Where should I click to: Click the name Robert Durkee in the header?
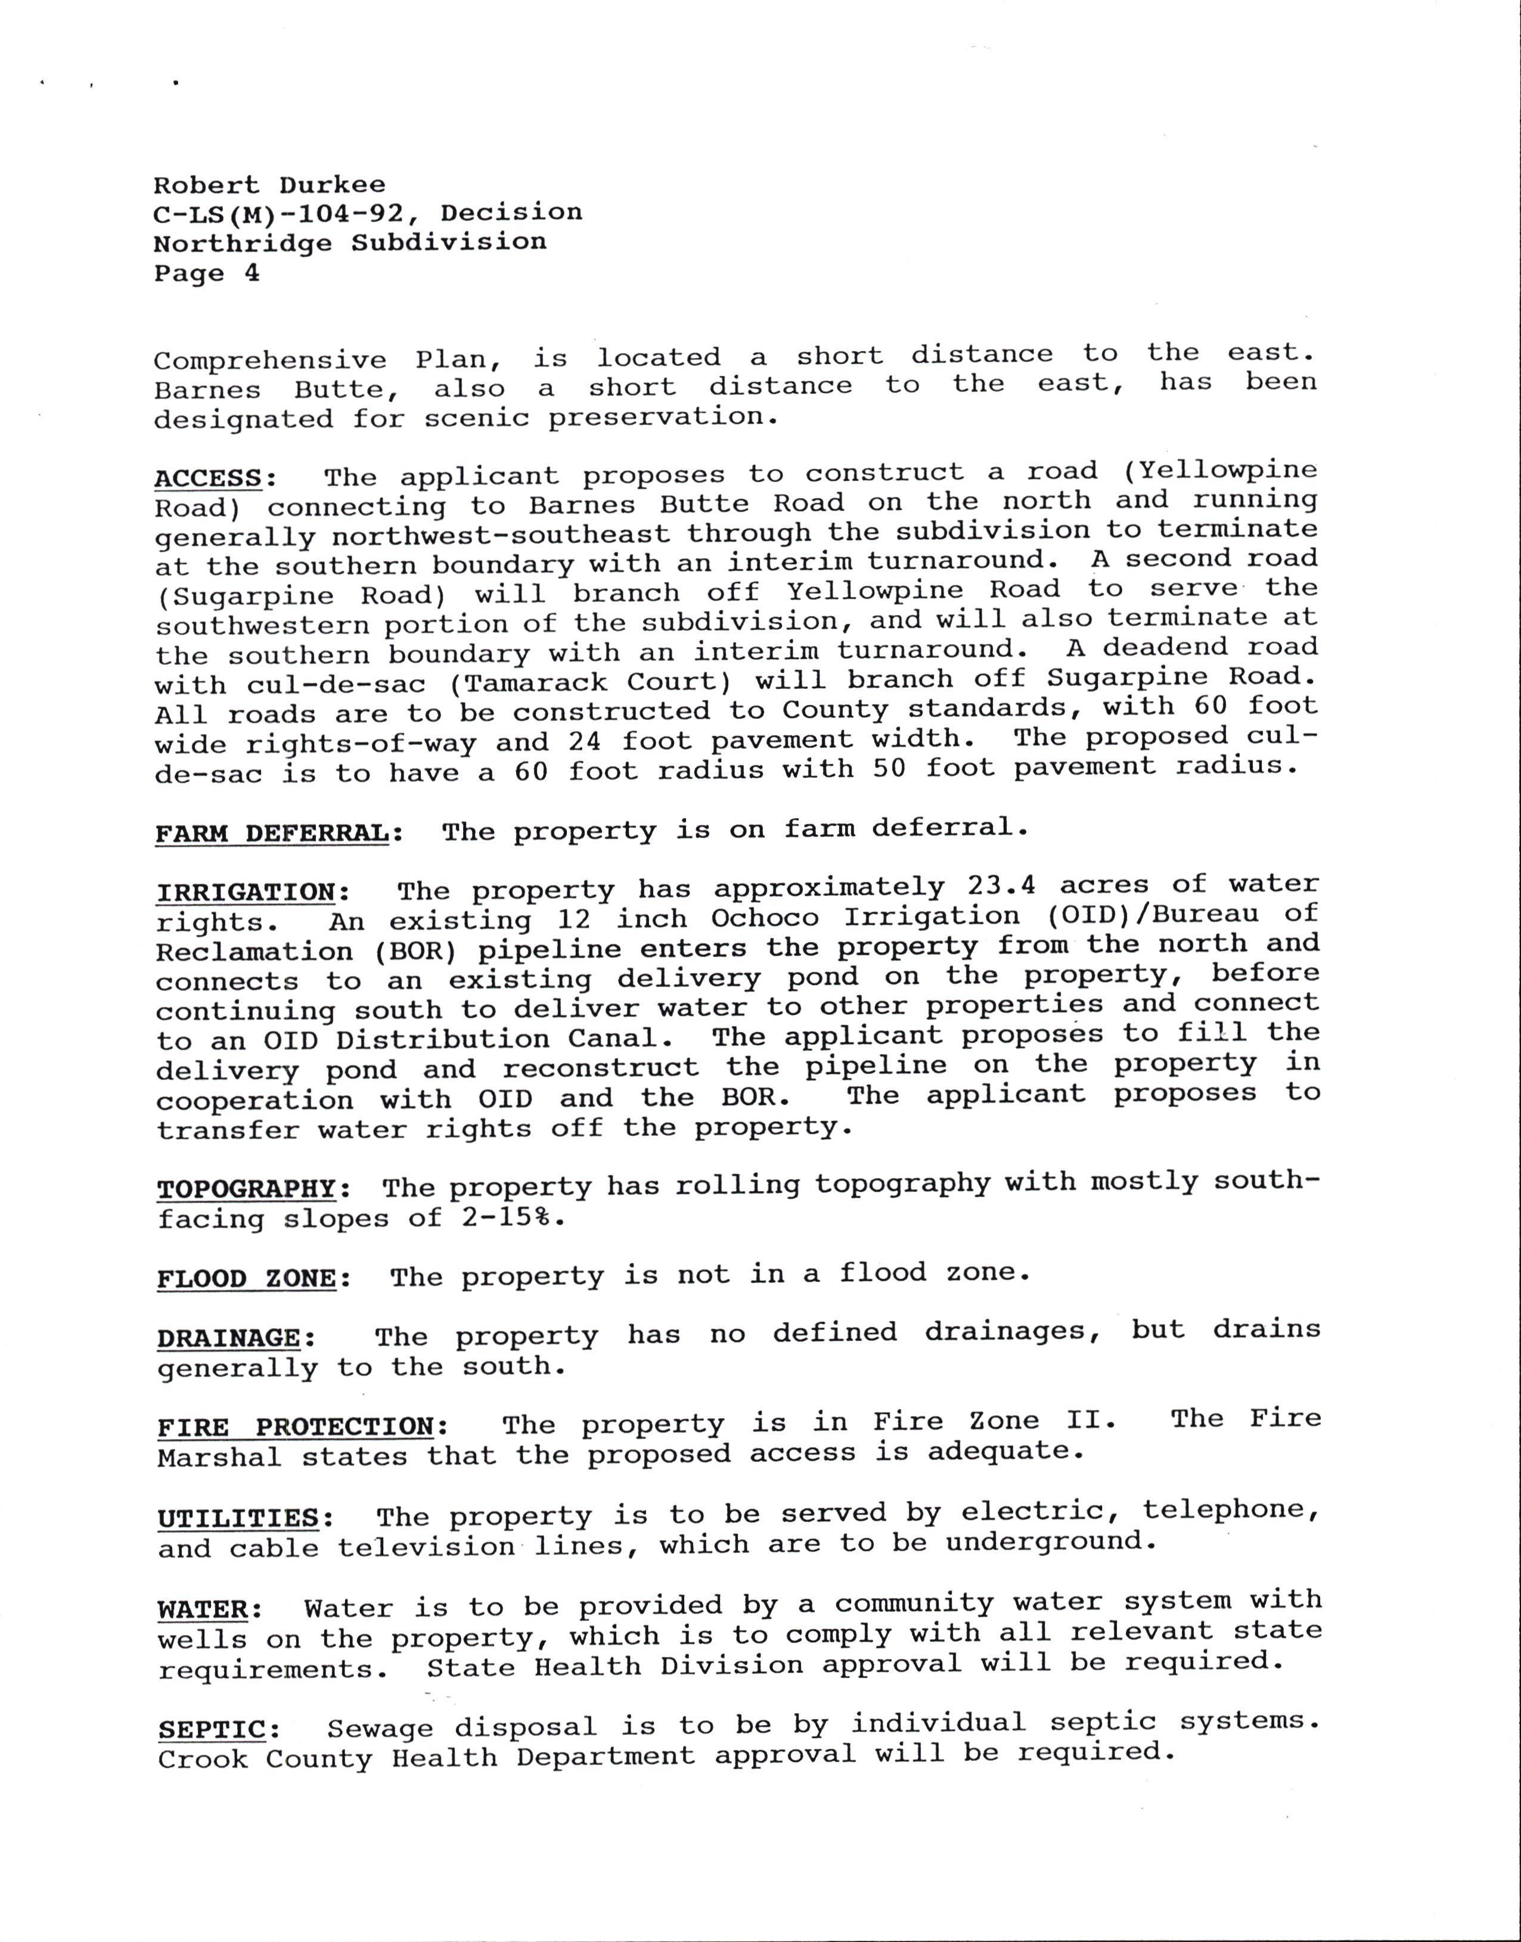coord(270,185)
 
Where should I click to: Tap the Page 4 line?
coord(207,274)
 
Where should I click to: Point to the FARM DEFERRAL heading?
coord(272,834)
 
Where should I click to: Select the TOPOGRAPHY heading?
coord(247,1189)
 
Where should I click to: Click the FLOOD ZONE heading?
coord(247,1279)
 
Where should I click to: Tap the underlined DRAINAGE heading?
coord(229,1338)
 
